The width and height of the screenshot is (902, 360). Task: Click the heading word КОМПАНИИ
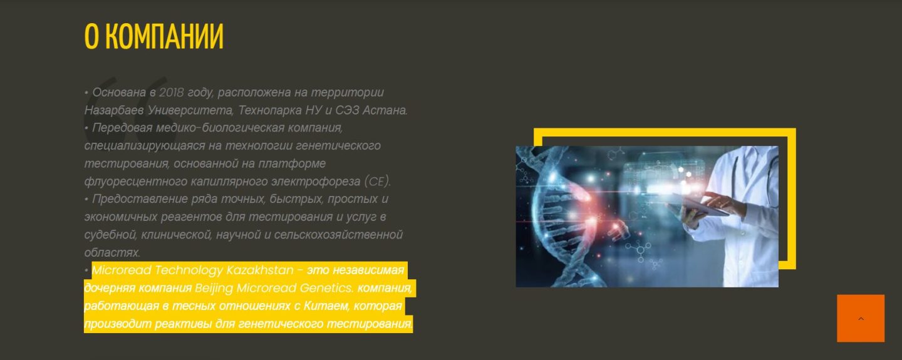coord(164,36)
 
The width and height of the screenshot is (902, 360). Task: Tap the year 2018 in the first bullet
coord(172,92)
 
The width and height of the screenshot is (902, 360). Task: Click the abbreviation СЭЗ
coord(347,110)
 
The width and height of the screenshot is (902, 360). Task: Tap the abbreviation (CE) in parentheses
coord(377,182)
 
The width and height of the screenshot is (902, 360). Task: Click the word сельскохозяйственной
coord(338,235)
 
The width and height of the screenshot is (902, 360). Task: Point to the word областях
coord(112,252)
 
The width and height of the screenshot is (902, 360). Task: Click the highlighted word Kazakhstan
coord(260,270)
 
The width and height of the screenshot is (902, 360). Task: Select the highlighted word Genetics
coord(326,288)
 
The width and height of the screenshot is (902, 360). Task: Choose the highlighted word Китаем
coord(326,306)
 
